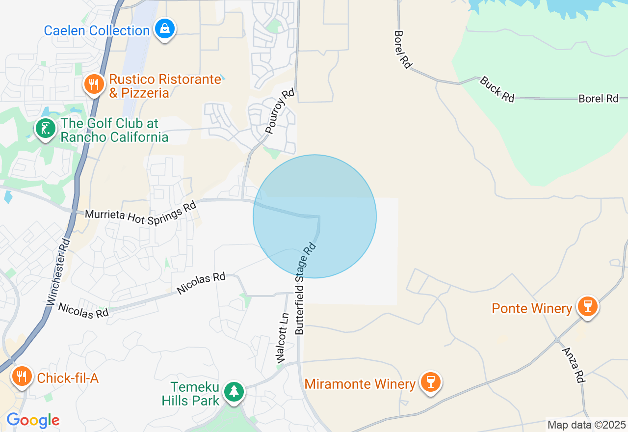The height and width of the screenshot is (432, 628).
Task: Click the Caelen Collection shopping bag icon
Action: pyautogui.click(x=165, y=29)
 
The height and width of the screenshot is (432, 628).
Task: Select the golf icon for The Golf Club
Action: pyautogui.click(x=46, y=129)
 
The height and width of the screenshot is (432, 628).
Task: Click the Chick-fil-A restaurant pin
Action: pyautogui.click(x=22, y=377)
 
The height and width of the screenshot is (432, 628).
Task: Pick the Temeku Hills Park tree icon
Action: pyautogui.click(x=234, y=391)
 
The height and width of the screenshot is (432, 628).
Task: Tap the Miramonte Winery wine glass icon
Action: pyautogui.click(x=431, y=382)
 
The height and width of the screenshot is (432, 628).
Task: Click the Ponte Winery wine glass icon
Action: pyautogui.click(x=587, y=306)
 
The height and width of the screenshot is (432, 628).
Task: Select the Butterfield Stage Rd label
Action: pyautogui.click(x=306, y=288)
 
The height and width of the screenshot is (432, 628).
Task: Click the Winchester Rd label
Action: pyautogui.click(x=58, y=273)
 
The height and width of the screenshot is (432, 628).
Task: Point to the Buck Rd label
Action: pyautogui.click(x=497, y=89)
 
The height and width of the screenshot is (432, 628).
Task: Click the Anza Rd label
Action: pyautogui.click(x=574, y=365)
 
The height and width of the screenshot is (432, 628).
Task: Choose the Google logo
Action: pyautogui.click(x=33, y=420)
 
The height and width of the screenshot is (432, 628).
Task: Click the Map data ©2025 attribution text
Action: pyautogui.click(x=586, y=425)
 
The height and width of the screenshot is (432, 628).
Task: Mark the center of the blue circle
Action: pyautogui.click(x=314, y=216)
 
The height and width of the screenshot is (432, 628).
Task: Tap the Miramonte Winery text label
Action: pyautogui.click(x=360, y=383)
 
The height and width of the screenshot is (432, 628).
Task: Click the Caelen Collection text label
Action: pyautogui.click(x=97, y=30)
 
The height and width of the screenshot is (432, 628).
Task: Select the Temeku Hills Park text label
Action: pyautogui.click(x=191, y=394)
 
